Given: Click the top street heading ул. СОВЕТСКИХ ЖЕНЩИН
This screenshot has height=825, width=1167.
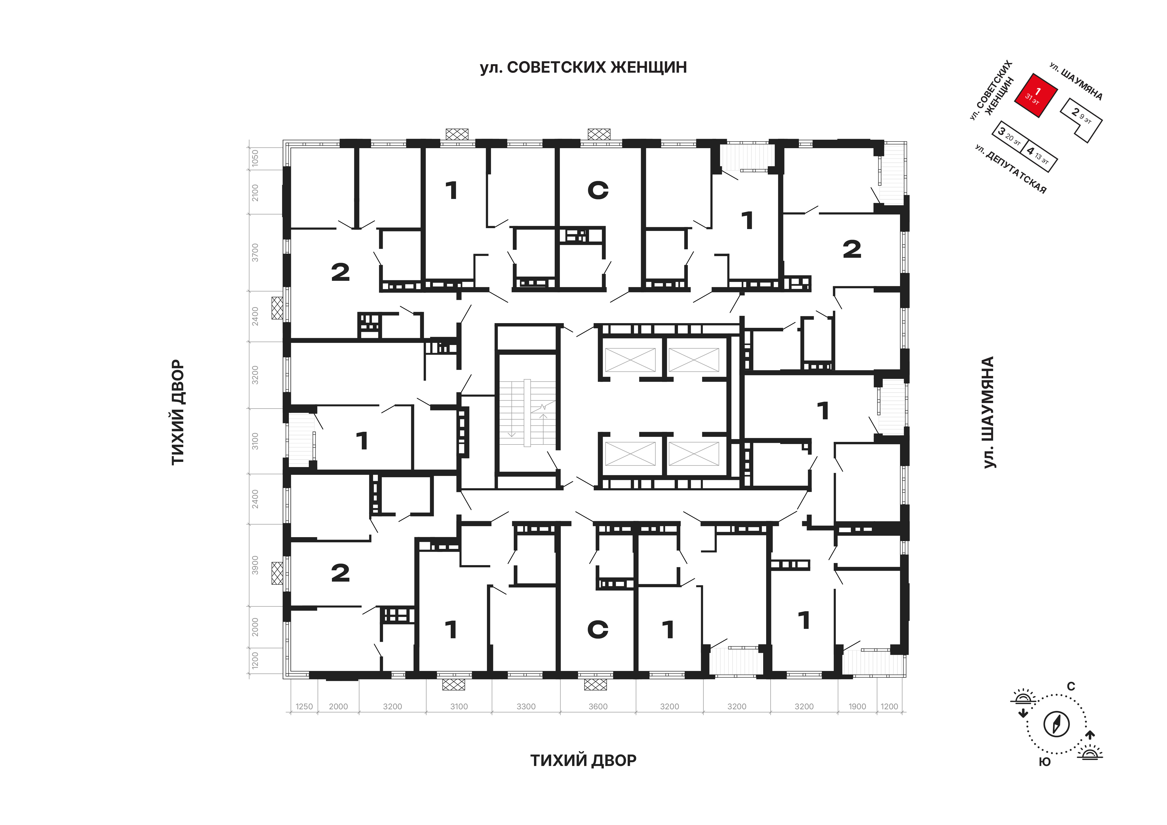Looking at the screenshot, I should coord(583,67).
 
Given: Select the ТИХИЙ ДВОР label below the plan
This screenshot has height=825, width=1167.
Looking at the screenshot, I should coord(583,761).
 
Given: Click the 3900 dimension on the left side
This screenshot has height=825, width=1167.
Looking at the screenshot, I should coord(255,565).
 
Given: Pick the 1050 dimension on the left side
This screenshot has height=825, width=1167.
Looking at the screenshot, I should coord(255,158).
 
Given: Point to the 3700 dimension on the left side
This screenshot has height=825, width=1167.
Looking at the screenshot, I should coord(255,253).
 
